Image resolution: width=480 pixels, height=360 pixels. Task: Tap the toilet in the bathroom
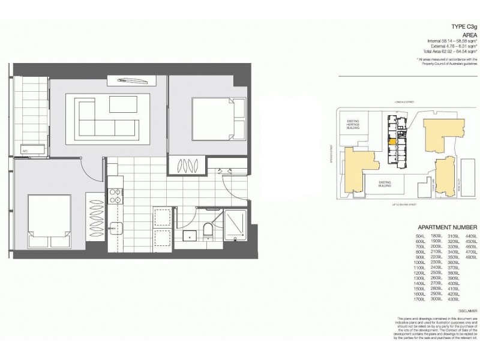[x=207, y=230]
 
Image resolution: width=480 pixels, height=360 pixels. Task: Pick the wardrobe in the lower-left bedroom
[x=96, y=221]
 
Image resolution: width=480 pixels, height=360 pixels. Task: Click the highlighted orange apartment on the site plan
[x=392, y=143]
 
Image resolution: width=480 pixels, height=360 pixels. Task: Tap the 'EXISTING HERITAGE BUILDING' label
[x=352, y=124]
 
